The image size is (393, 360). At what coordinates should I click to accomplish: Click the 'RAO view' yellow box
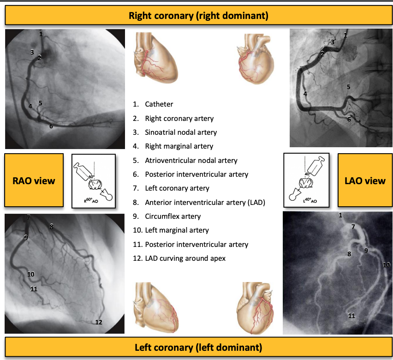pyautogui.click(x=34, y=180)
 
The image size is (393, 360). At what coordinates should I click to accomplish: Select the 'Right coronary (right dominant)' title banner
pyautogui.click(x=198, y=16)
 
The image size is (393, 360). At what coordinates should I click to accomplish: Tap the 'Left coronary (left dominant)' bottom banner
pyautogui.click(x=198, y=347)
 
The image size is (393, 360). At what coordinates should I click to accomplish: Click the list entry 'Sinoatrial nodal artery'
pyautogui.click(x=181, y=132)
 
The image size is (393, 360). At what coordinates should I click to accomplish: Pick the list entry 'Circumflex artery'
pyautogui.click(x=173, y=216)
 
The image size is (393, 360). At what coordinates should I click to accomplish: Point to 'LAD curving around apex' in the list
pyautogui.click(x=185, y=258)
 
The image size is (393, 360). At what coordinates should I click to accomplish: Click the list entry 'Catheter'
pyautogui.click(x=159, y=104)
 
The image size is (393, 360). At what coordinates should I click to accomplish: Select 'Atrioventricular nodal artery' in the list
pyautogui.click(x=191, y=160)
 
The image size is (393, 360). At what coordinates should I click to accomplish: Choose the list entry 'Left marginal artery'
pyautogui.click(x=177, y=230)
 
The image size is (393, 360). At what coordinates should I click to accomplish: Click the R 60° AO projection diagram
pyautogui.click(x=94, y=180)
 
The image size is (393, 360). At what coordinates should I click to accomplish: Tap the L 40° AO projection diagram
pyautogui.click(x=306, y=180)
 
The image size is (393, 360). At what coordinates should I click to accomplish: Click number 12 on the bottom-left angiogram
pyautogui.click(x=99, y=322)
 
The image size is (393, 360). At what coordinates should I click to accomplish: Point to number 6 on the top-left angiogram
pyautogui.click(x=51, y=126)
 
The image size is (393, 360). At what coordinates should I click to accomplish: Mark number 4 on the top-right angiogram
pyautogui.click(x=305, y=94)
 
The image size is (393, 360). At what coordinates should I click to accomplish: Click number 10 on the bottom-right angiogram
pyautogui.click(x=386, y=265)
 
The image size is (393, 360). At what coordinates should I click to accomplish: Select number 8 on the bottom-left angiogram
pyautogui.click(x=51, y=227)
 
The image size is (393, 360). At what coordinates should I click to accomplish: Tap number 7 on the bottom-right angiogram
pyautogui.click(x=353, y=227)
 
